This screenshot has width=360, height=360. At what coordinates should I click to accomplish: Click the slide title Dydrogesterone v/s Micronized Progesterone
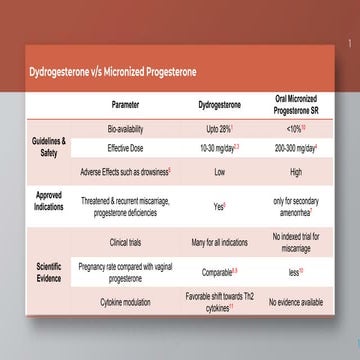pyautogui.click(x=112, y=72)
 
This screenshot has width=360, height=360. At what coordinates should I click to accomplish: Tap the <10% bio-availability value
pyautogui.click(x=295, y=130)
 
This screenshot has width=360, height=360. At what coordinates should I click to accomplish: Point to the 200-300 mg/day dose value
pyautogui.click(x=295, y=148)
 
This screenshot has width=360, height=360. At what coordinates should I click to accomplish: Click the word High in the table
pyautogui.click(x=295, y=172)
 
